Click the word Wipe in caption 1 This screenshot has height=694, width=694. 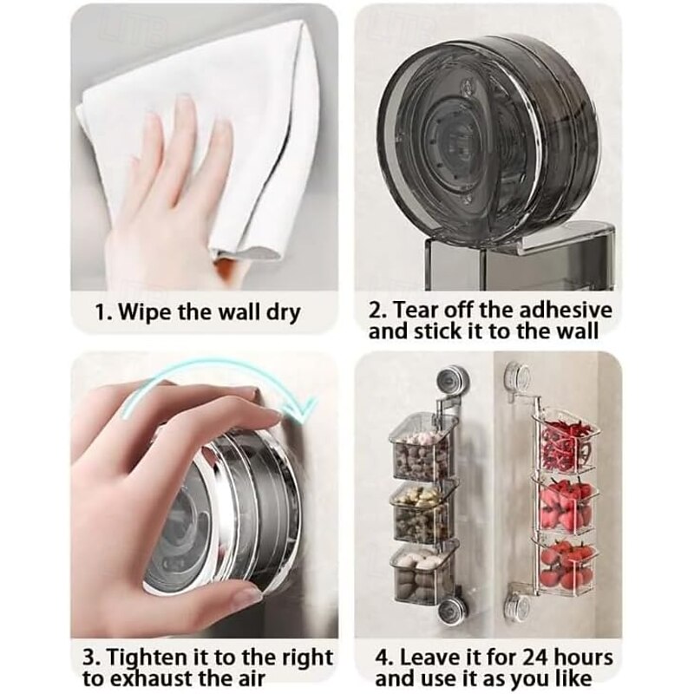(146, 311)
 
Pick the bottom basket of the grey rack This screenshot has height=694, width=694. (422, 568)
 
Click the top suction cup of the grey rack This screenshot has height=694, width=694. (451, 380)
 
